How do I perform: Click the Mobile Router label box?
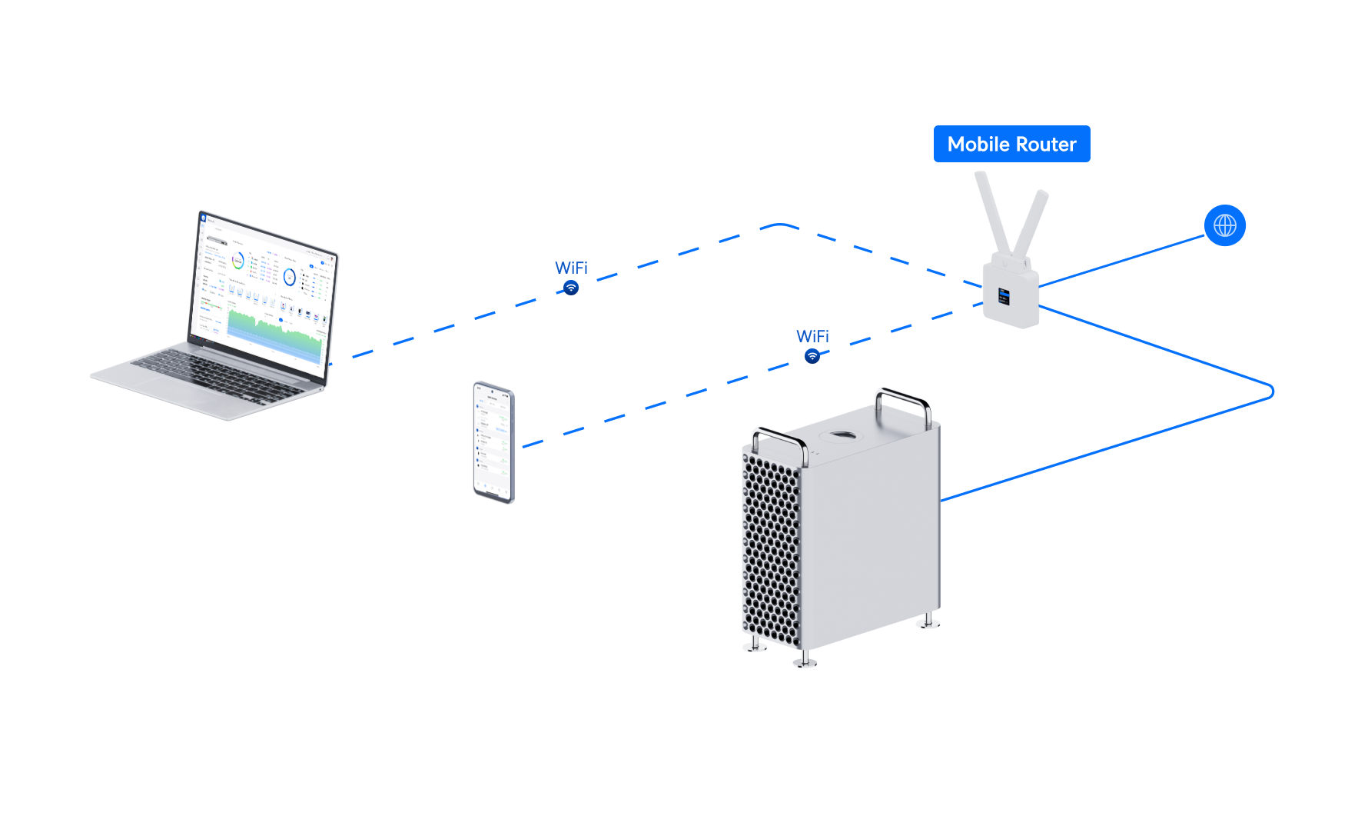pyautogui.click(x=1011, y=144)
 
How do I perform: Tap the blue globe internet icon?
pyautogui.click(x=1224, y=225)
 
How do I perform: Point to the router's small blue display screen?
pyautogui.click(x=1004, y=296)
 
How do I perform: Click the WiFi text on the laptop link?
pyautogui.click(x=571, y=268)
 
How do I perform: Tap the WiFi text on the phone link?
pyautogui.click(x=812, y=336)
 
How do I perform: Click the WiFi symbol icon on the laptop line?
pyautogui.click(x=571, y=288)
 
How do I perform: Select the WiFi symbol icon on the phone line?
pyautogui.click(x=812, y=356)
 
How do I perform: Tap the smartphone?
pyautogui.click(x=493, y=442)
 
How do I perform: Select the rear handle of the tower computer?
pyautogui.click(x=904, y=400)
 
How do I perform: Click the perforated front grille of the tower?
pyautogui.click(x=770, y=546)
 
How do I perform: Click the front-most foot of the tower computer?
pyautogui.click(x=804, y=660)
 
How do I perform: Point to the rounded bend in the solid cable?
pyautogui.click(x=1271, y=391)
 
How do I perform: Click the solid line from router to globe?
pyautogui.click(x=1122, y=261)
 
